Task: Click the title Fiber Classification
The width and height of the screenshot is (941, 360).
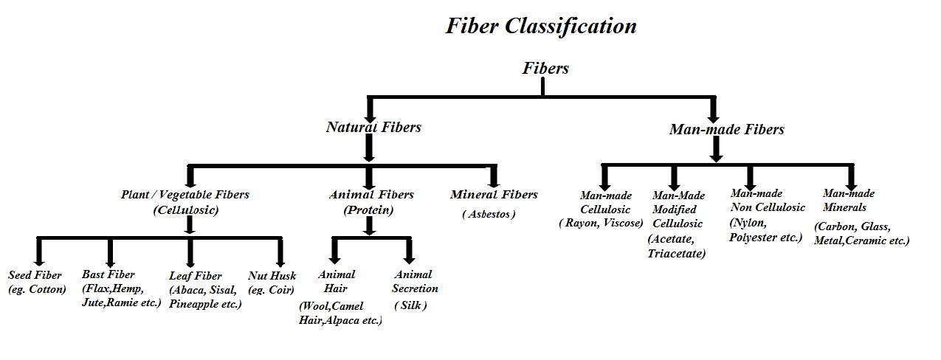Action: [541, 26]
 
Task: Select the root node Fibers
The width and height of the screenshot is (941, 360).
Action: [545, 68]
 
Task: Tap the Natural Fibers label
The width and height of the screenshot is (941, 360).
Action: [373, 127]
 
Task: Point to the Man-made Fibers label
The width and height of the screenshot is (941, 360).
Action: [726, 129]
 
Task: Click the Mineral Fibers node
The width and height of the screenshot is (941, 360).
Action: [494, 195]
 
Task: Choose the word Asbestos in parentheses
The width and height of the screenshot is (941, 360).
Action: [489, 214]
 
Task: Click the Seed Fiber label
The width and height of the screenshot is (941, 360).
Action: [35, 275]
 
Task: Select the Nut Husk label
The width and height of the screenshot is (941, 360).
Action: [272, 275]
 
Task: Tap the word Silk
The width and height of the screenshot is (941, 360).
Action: [411, 305]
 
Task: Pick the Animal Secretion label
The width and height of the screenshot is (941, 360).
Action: [415, 281]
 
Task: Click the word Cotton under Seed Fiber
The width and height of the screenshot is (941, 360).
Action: [47, 289]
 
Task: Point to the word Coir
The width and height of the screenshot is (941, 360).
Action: [281, 289]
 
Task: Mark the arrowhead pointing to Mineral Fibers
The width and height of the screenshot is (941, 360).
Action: [494, 180]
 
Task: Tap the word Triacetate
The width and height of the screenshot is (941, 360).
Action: [676, 254]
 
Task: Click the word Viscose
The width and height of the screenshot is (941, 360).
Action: [621, 223]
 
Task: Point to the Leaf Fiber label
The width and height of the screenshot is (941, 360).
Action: [195, 275]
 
